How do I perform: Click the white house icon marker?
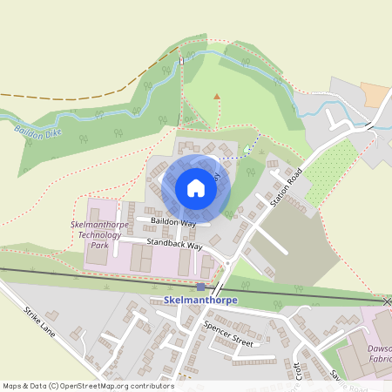pos(195,187)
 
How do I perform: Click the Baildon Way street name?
pos(171,223)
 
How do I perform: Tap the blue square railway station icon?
pos(201,287)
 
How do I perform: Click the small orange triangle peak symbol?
pos(217,96)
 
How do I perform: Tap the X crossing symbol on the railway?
pos(387,301)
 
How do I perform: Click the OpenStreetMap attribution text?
pos(88,385)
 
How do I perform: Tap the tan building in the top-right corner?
pos(375,94)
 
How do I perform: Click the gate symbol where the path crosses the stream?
pos(182,61)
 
